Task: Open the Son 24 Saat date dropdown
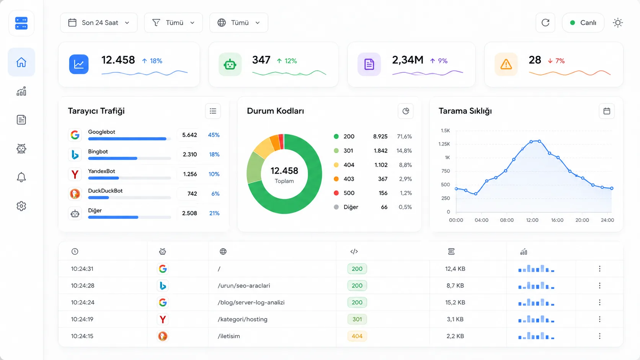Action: pyautogui.click(x=99, y=23)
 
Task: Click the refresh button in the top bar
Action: pyautogui.click(x=545, y=23)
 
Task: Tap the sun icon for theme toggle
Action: pyautogui.click(x=618, y=23)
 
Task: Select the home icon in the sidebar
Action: pyautogui.click(x=21, y=62)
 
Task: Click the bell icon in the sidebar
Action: pyautogui.click(x=21, y=177)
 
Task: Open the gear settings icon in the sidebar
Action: pyautogui.click(x=21, y=206)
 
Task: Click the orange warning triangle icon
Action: pyautogui.click(x=506, y=64)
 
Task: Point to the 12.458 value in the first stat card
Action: pyautogui.click(x=118, y=60)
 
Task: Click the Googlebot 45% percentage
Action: pyautogui.click(x=214, y=135)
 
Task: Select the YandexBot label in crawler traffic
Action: pyautogui.click(x=101, y=171)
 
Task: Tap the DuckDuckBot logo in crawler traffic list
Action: pyautogui.click(x=75, y=194)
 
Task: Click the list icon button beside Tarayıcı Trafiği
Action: pyautogui.click(x=213, y=111)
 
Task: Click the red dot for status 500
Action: pyautogui.click(x=336, y=193)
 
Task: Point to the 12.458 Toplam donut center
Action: pyautogui.click(x=284, y=174)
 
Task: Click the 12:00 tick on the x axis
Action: pyautogui.click(x=532, y=220)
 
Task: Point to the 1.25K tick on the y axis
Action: pyautogui.click(x=444, y=144)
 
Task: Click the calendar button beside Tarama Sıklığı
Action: pyautogui.click(x=607, y=111)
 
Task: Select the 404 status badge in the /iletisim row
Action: pyautogui.click(x=357, y=336)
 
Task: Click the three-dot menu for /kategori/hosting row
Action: pyautogui.click(x=600, y=319)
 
